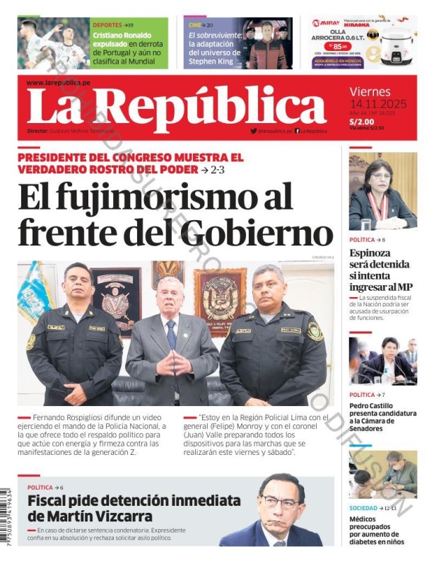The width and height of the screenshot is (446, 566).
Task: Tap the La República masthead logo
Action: pyautogui.click(x=167, y=108)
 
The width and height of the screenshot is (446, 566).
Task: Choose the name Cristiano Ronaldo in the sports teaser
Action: pyautogui.click(x=122, y=35)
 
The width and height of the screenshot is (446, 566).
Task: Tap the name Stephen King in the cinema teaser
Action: pyautogui.click(x=211, y=62)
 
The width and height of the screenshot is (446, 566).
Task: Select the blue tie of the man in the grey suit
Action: pyautogui.click(x=172, y=334)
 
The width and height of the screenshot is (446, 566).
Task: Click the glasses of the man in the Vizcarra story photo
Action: pyautogui.click(x=281, y=504)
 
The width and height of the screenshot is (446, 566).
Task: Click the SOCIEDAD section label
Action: pyautogui.click(x=363, y=508)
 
